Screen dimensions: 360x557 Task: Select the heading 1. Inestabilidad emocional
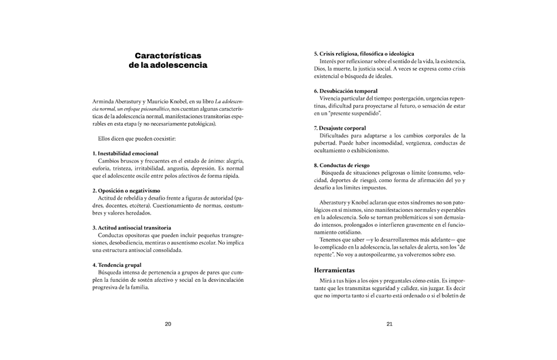[126, 154]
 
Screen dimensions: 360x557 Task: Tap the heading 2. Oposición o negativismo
[126, 190]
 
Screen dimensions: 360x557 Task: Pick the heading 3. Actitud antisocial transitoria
[132, 228]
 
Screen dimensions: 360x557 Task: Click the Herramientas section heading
[339, 270]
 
